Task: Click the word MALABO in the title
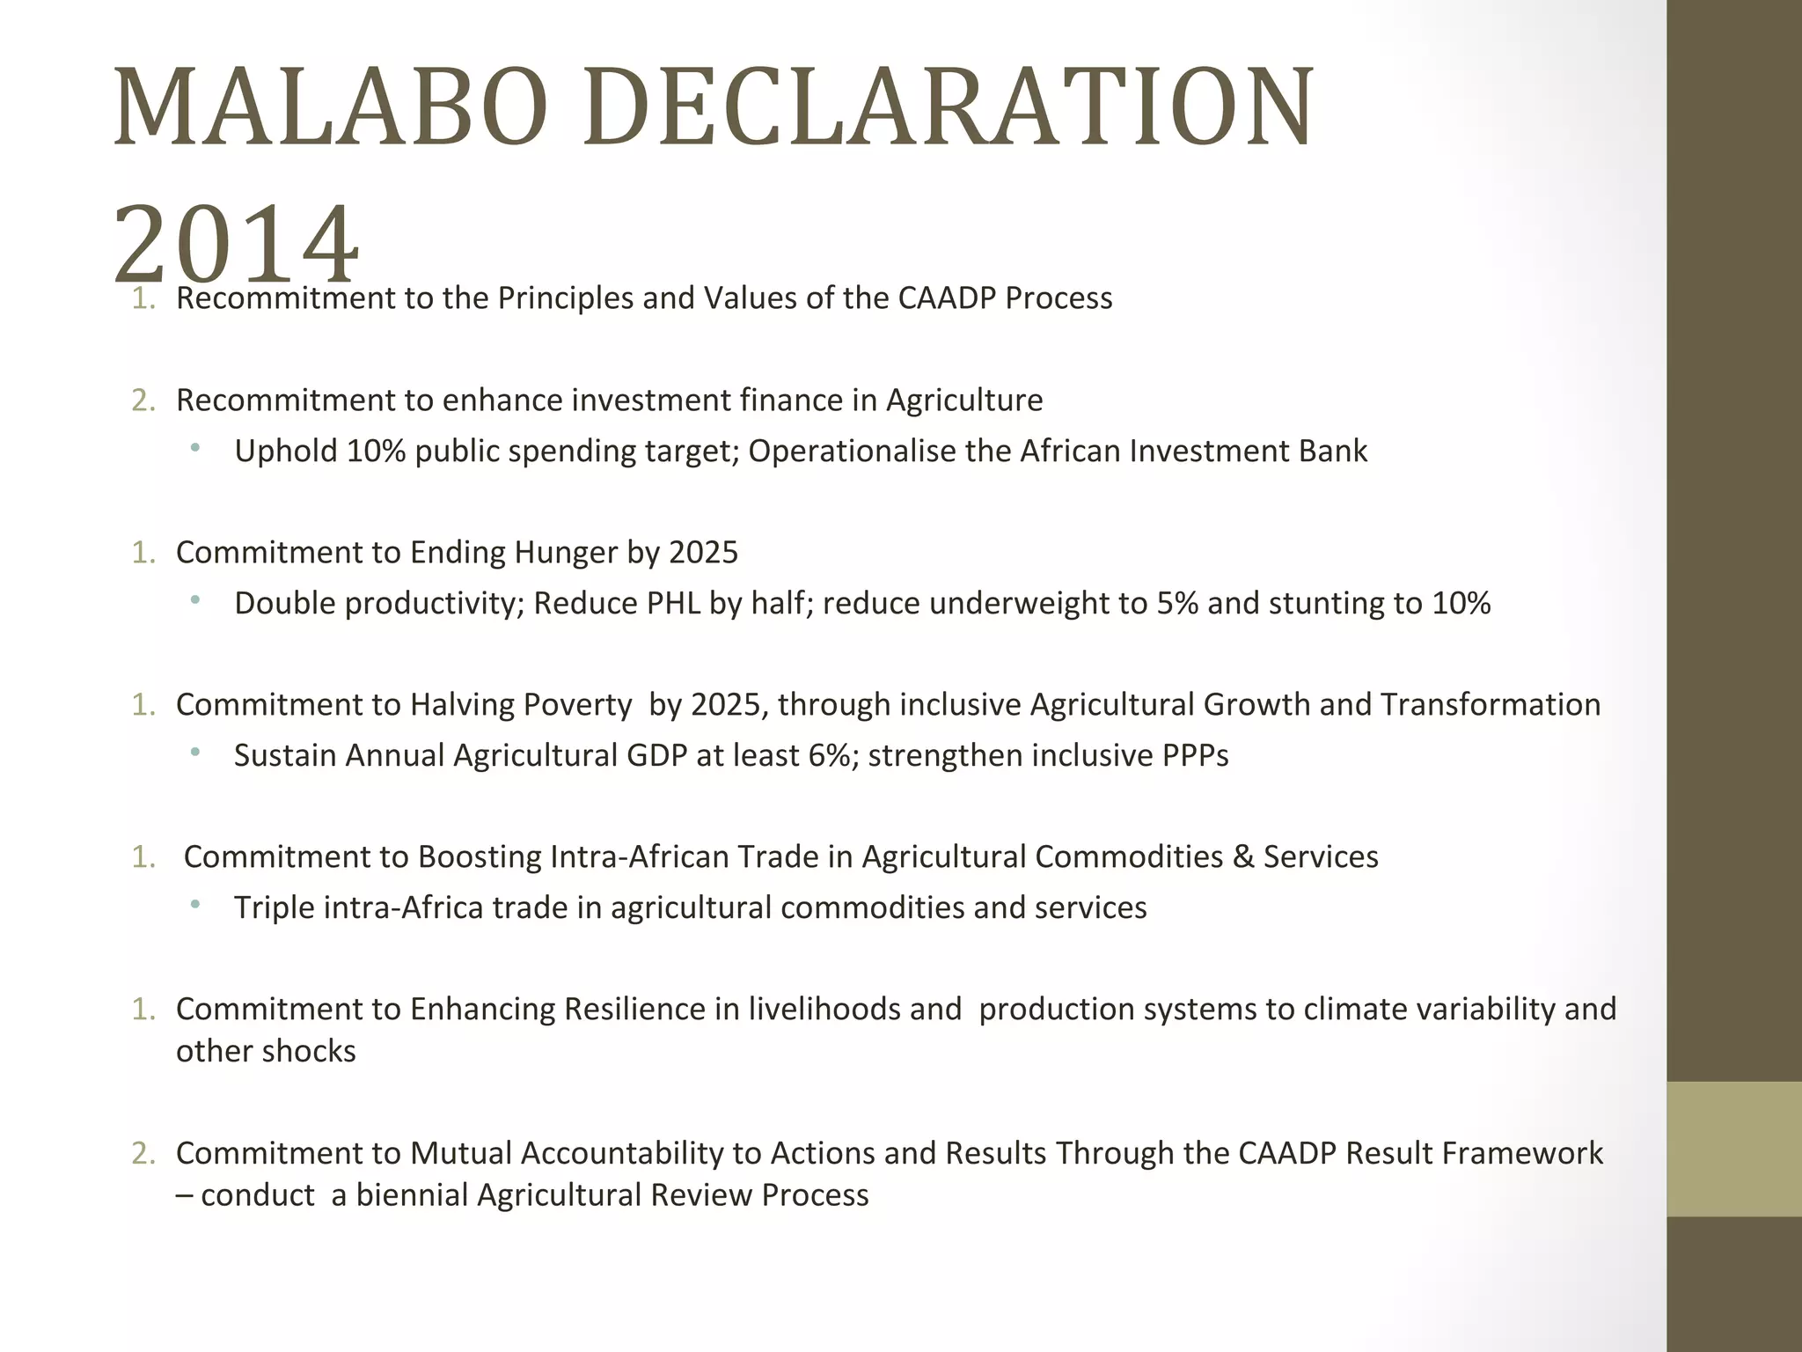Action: pos(330,107)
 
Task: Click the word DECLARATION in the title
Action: pos(949,107)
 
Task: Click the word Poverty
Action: pos(577,704)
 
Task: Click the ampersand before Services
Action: pos(1243,856)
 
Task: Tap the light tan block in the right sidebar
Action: pos(1733,1149)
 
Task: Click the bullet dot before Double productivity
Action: pos(194,602)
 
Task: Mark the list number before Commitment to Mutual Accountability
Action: pos(143,1153)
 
